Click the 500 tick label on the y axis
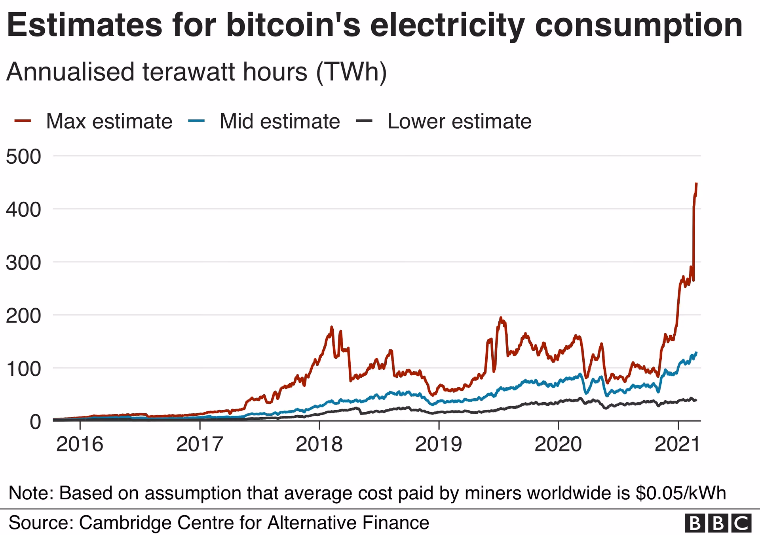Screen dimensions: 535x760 tap(23, 157)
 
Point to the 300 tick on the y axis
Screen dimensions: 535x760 tap(23, 263)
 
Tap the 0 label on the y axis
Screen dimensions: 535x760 tap(35, 422)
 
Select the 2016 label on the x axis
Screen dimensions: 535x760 tap(80, 444)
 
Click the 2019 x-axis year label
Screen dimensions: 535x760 tap(438, 444)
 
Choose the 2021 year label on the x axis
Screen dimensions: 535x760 tap(678, 444)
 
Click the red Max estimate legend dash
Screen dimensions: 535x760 tap(23, 121)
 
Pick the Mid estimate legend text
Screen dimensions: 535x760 tap(279, 121)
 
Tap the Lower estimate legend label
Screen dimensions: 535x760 tap(459, 121)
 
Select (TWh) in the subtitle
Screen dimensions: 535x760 tap(351, 72)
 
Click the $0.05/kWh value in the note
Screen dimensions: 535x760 tap(680, 493)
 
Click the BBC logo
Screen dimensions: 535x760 tap(718, 524)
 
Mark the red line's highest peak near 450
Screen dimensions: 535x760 tap(696, 184)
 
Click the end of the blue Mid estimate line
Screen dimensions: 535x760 tap(696, 352)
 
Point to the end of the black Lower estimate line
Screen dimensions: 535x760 tap(696, 400)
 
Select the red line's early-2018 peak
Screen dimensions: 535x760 tap(331, 327)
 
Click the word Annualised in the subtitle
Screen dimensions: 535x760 tap(70, 72)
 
